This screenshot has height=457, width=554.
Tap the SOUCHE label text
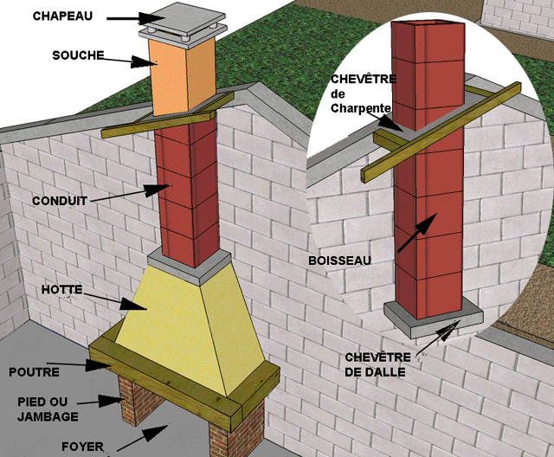pyautogui.click(x=78, y=55)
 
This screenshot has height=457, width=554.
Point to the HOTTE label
pyautogui.click(x=61, y=290)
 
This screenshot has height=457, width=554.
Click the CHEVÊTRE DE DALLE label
pyautogui.click(x=377, y=364)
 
